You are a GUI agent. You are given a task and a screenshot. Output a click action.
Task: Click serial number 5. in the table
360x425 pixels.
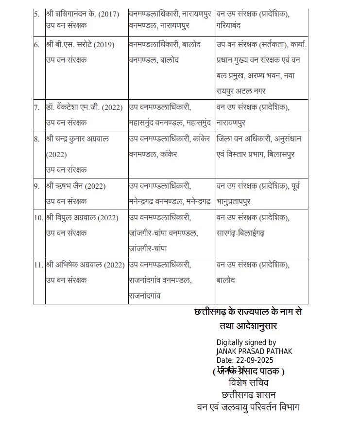point(37,13)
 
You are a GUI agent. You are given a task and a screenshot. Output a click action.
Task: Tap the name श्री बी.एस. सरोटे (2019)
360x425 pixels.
point(80,45)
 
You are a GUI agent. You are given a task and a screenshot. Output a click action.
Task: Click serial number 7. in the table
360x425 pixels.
point(37,107)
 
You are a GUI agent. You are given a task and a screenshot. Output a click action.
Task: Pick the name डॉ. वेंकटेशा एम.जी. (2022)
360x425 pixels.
point(84,107)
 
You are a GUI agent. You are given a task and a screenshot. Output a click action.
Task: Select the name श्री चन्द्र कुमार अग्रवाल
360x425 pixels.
point(78,139)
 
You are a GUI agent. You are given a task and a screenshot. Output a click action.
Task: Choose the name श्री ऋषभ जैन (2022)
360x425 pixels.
point(76,186)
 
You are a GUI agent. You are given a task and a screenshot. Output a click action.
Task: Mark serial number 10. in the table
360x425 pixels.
point(39,217)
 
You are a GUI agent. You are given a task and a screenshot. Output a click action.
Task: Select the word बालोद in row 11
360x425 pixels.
point(226,280)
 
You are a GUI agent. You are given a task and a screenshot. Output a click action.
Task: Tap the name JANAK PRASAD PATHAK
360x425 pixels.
point(254,351)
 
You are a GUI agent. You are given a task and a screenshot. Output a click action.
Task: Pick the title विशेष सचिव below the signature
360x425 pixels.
point(248,383)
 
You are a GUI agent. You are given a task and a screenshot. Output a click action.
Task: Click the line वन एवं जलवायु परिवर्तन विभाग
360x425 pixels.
point(248,407)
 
